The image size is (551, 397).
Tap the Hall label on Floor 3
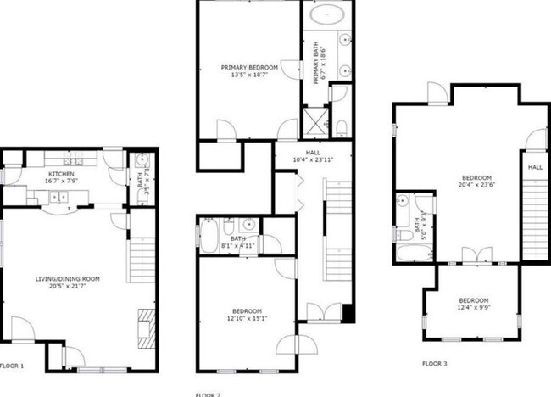click(x=535, y=168)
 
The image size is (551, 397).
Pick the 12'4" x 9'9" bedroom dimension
click(x=473, y=309)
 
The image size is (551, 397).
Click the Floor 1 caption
click(x=13, y=366)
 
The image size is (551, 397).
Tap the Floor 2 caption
click(x=208, y=394)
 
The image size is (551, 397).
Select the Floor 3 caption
click(x=434, y=364)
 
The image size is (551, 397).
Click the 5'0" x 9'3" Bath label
click(x=415, y=226)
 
